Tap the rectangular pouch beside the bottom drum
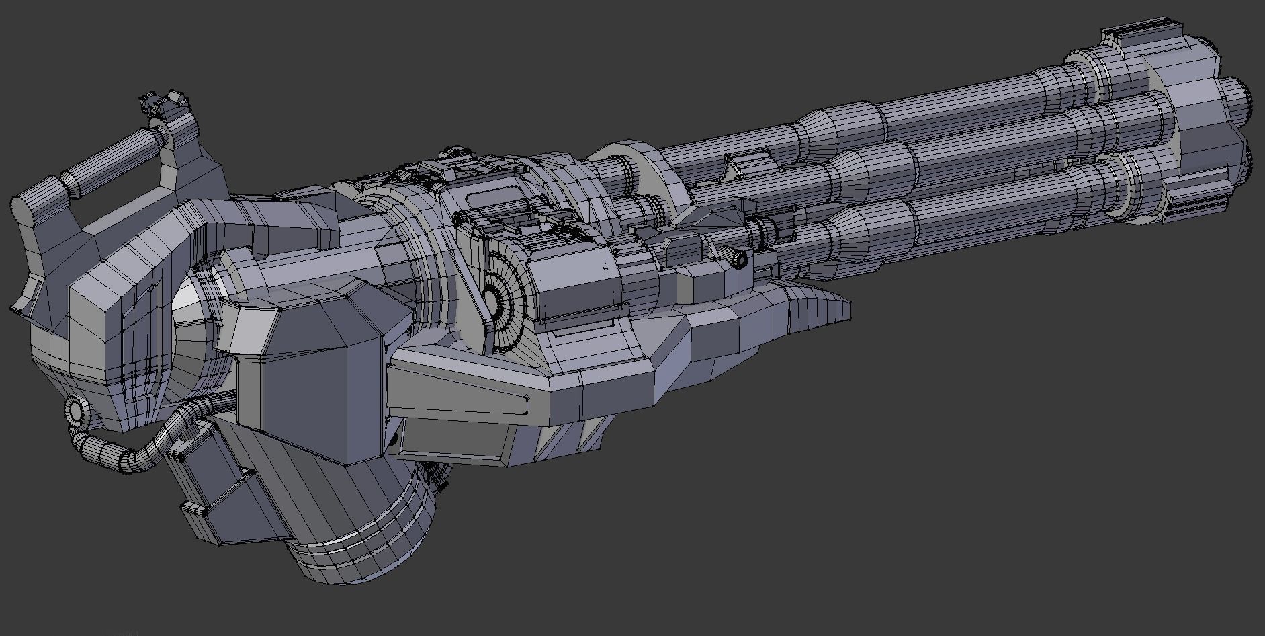point(215,484)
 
